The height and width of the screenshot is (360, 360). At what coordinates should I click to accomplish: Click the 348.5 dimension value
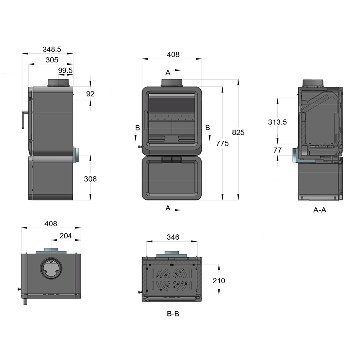pyautogui.click(x=52, y=49)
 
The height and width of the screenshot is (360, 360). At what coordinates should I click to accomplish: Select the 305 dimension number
pyautogui.click(x=52, y=60)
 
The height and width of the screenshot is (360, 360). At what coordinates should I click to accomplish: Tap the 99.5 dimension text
pyautogui.click(x=65, y=70)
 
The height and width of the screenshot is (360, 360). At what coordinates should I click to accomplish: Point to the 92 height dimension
pyautogui.click(x=90, y=94)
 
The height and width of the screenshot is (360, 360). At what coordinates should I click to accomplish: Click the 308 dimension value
pyautogui.click(x=90, y=179)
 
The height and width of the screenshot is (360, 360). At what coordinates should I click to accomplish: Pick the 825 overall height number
pyautogui.click(x=238, y=132)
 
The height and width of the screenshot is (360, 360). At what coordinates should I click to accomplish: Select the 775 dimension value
pyautogui.click(x=222, y=144)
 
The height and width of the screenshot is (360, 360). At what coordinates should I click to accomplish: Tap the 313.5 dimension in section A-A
pyautogui.click(x=277, y=122)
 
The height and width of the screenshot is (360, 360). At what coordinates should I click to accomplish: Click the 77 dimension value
pyautogui.click(x=277, y=150)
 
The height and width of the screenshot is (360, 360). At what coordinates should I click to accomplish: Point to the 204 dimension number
pyautogui.click(x=66, y=236)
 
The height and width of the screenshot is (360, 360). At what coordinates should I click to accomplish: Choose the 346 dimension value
pyautogui.click(x=173, y=237)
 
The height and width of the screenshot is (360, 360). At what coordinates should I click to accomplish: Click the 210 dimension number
pyautogui.click(x=219, y=280)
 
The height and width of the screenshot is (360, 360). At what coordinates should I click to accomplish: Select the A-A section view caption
pyautogui.click(x=320, y=210)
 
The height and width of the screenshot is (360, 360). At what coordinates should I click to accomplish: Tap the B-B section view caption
pyautogui.click(x=173, y=314)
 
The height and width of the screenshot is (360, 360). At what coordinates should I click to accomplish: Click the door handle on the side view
pyautogui.click(x=24, y=119)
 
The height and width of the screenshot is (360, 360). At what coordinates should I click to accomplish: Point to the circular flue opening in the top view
pyautogui.click(x=51, y=268)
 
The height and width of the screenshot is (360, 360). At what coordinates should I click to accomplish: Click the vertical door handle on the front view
pyautogui.click(x=146, y=120)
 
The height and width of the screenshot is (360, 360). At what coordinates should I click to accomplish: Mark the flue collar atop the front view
pyautogui.click(x=172, y=83)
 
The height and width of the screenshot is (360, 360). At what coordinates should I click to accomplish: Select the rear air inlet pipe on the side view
pyautogui.click(x=76, y=155)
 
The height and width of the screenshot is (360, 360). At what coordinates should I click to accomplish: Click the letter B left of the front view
pyautogui.click(x=138, y=128)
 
